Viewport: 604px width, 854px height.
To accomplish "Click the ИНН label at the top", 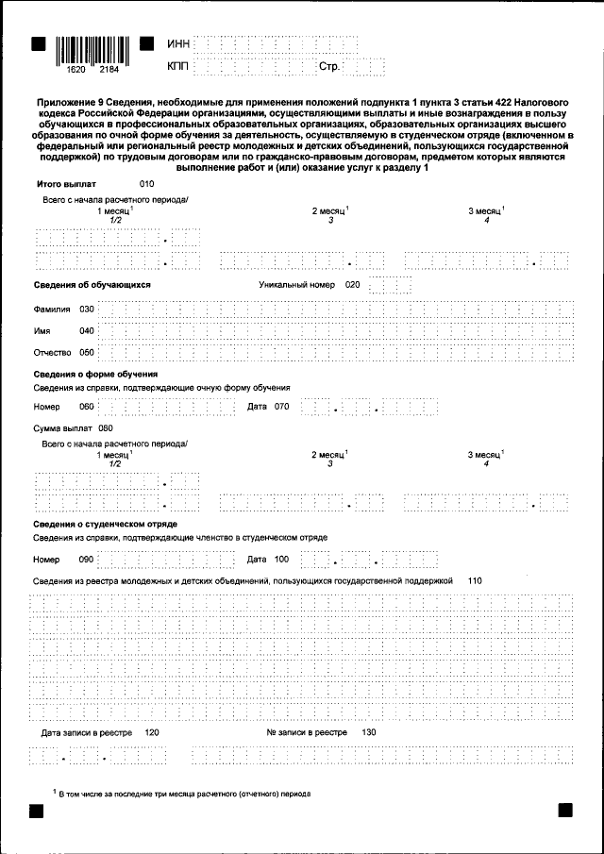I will tap(178, 44).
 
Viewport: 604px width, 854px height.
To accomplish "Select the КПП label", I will tap(178, 67).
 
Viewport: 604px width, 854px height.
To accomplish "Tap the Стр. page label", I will tap(329, 68).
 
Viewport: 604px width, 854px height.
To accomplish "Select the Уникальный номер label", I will tap(297, 284).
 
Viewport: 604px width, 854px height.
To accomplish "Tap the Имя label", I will tap(42, 331).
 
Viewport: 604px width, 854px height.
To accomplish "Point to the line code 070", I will tap(281, 407).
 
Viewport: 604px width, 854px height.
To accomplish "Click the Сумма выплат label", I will tap(59, 428).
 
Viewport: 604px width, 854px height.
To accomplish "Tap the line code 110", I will tap(476, 581).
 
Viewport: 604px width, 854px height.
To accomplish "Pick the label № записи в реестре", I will tap(307, 732).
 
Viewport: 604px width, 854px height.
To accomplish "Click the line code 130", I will tap(369, 732).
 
